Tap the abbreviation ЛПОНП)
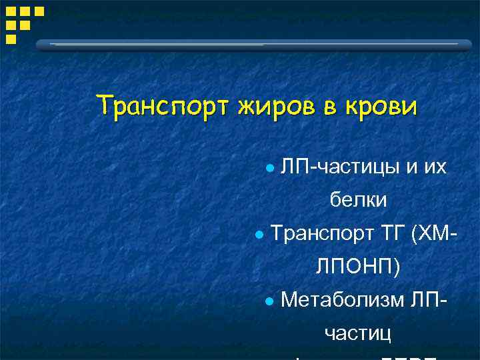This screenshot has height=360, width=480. click(x=358, y=267)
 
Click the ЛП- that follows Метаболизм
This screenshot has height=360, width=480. click(x=430, y=300)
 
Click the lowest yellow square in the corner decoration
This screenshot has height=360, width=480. click(x=11, y=39)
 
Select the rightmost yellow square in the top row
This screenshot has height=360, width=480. click(x=39, y=11)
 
